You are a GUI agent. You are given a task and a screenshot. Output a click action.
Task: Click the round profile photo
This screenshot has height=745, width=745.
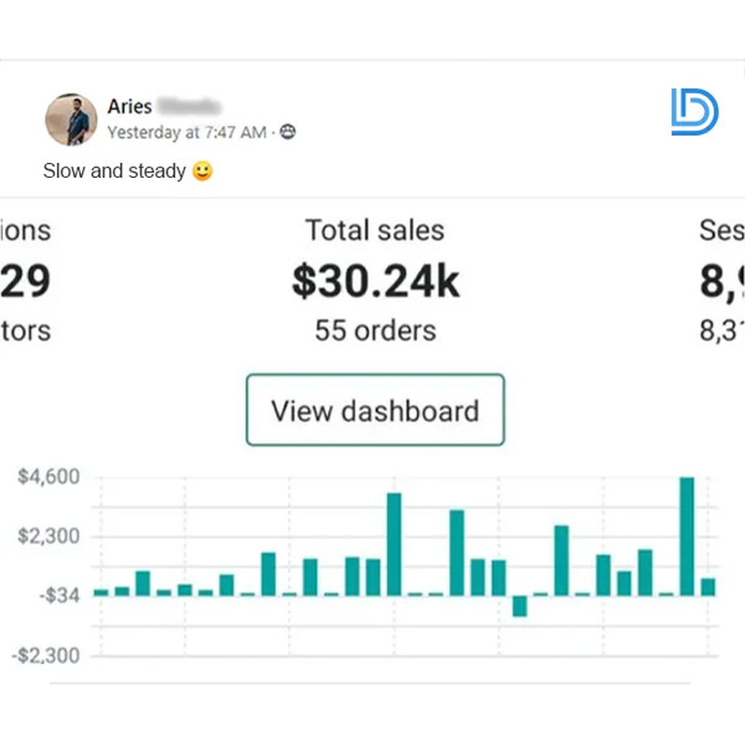pos(71,119)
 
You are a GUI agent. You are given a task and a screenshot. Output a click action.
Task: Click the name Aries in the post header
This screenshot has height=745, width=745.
pos(129,106)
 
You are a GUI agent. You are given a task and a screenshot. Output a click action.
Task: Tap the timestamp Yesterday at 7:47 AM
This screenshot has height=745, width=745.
pos(186,132)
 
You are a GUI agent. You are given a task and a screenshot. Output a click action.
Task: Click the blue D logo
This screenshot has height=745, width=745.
pos(694,113)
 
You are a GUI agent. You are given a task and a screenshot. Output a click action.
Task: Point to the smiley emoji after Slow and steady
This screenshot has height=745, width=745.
pos(202,171)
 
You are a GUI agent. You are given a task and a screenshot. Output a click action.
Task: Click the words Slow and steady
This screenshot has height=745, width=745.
pos(114,171)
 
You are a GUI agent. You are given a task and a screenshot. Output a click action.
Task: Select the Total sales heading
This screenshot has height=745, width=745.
pos(374,230)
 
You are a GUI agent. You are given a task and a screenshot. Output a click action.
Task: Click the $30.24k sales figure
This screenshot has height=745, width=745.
pos(374,280)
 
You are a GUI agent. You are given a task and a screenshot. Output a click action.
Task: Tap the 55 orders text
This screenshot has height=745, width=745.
pos(374,330)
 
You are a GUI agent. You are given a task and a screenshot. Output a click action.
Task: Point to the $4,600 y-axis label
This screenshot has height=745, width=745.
pos(48,478)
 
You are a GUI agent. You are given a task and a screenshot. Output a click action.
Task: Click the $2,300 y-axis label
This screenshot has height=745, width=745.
pos(48,537)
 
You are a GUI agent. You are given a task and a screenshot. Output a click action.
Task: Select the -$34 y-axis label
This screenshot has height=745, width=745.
pos(59,595)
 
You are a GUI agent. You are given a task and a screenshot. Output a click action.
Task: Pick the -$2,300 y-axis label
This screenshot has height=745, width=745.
pos(46,655)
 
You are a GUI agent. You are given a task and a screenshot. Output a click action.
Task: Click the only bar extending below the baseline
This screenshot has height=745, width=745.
pos(520,605)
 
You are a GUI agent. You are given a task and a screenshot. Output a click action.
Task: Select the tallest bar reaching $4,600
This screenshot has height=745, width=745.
pos(687,536)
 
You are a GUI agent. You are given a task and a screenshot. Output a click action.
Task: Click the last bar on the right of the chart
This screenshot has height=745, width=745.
pos(708,587)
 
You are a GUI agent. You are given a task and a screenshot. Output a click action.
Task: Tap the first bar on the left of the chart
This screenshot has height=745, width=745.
pos(101,592)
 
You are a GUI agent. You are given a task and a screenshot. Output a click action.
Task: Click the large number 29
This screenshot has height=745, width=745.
pos(25,280)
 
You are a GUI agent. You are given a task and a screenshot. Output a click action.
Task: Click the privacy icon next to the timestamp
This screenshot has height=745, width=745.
pos(288,132)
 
